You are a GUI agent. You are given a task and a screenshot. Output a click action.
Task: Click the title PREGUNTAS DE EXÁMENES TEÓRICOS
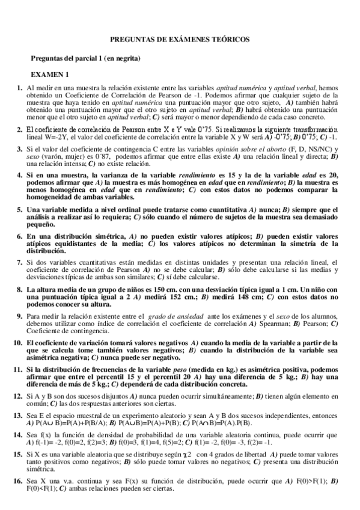180,39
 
